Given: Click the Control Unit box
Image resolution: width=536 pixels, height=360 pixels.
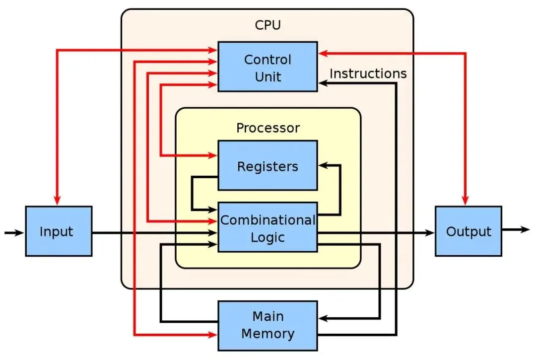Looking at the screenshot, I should (x=268, y=67).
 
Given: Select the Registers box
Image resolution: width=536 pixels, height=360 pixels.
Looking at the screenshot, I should (x=268, y=165).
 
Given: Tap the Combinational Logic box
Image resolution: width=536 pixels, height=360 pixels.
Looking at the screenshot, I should (x=268, y=227).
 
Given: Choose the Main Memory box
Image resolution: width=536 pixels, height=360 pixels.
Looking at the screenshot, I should (x=268, y=325).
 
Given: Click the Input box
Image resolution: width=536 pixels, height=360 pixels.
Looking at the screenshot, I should (x=59, y=231).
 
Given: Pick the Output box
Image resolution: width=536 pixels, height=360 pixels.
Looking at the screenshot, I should (x=469, y=231).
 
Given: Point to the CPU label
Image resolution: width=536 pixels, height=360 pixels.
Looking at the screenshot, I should (x=268, y=25).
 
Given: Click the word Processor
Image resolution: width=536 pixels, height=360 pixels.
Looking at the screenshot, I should (x=268, y=128).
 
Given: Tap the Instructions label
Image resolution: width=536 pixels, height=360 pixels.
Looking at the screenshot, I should (x=368, y=73).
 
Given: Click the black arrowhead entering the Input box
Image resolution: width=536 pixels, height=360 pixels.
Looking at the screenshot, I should (x=21, y=232).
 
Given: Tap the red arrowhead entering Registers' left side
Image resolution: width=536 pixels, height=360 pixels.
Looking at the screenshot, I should (x=213, y=155).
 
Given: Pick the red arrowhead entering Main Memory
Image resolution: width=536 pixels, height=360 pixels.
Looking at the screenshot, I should (x=213, y=335).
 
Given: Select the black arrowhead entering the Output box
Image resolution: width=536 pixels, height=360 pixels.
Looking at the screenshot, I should (x=430, y=232).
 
